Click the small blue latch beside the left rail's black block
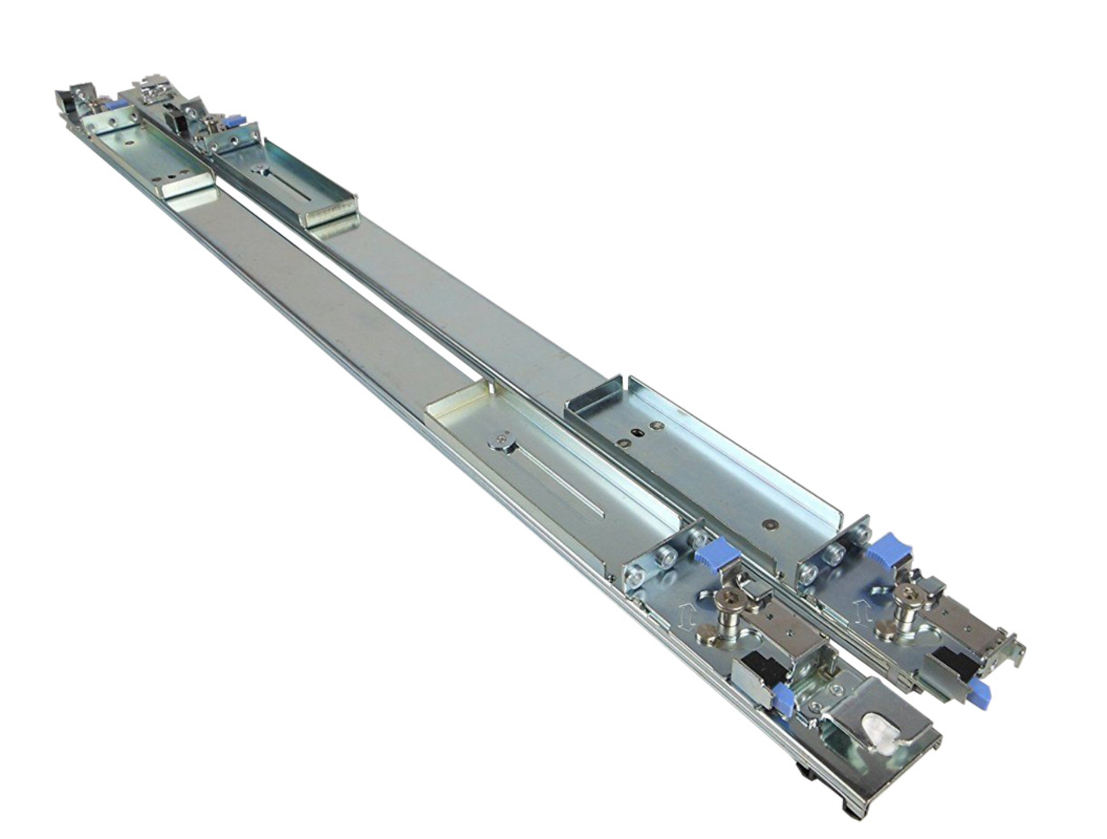click(x=784, y=695)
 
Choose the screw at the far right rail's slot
click(x=257, y=168)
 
